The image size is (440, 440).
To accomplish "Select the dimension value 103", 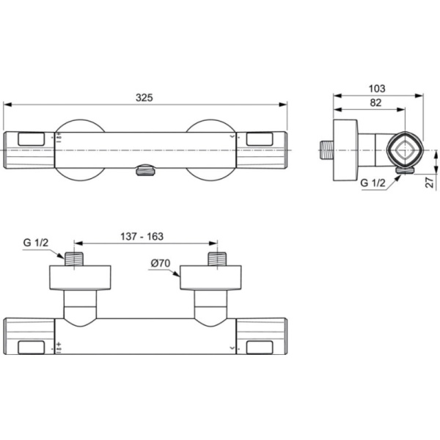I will [377, 88].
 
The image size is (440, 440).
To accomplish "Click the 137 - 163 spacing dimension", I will [142, 236].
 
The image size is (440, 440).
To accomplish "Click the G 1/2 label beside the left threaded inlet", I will [34, 243].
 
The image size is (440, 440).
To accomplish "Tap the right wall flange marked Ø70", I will [209, 279].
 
